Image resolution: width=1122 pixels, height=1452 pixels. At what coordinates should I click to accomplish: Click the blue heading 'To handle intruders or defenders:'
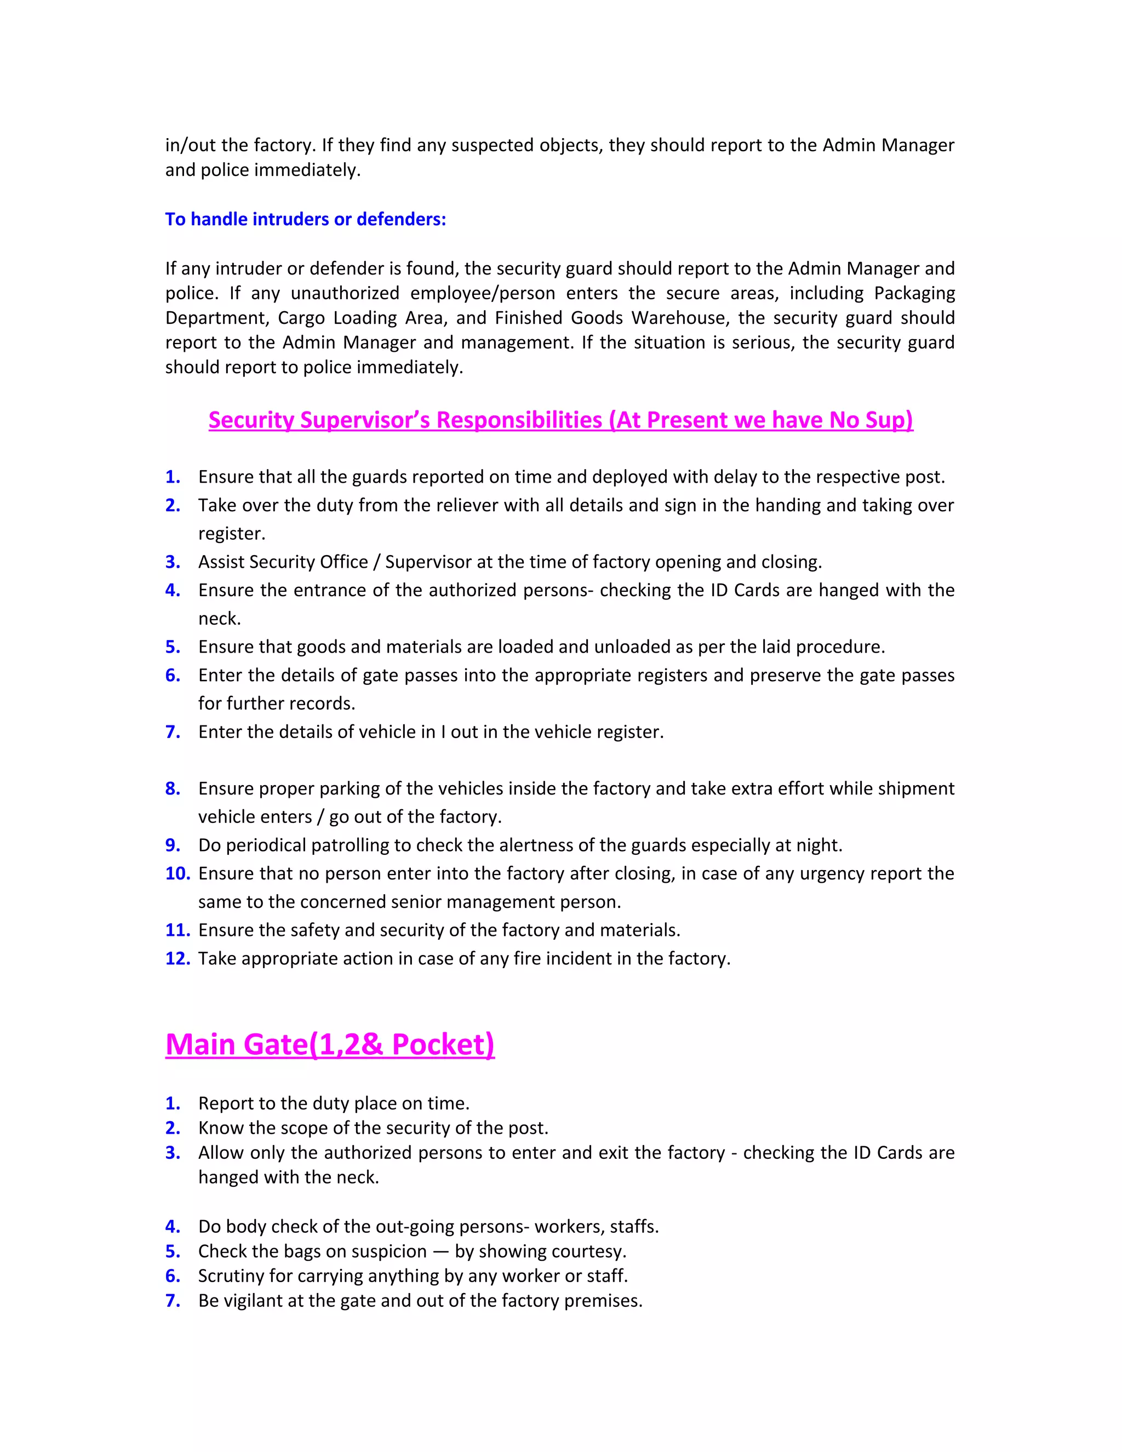[x=305, y=219]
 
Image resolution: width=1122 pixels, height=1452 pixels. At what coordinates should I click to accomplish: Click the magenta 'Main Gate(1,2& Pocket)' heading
[x=330, y=1044]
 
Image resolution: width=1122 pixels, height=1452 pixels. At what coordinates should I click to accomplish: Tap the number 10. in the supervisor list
[x=178, y=873]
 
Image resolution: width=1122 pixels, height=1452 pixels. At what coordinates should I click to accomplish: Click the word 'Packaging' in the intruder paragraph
[x=914, y=293]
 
